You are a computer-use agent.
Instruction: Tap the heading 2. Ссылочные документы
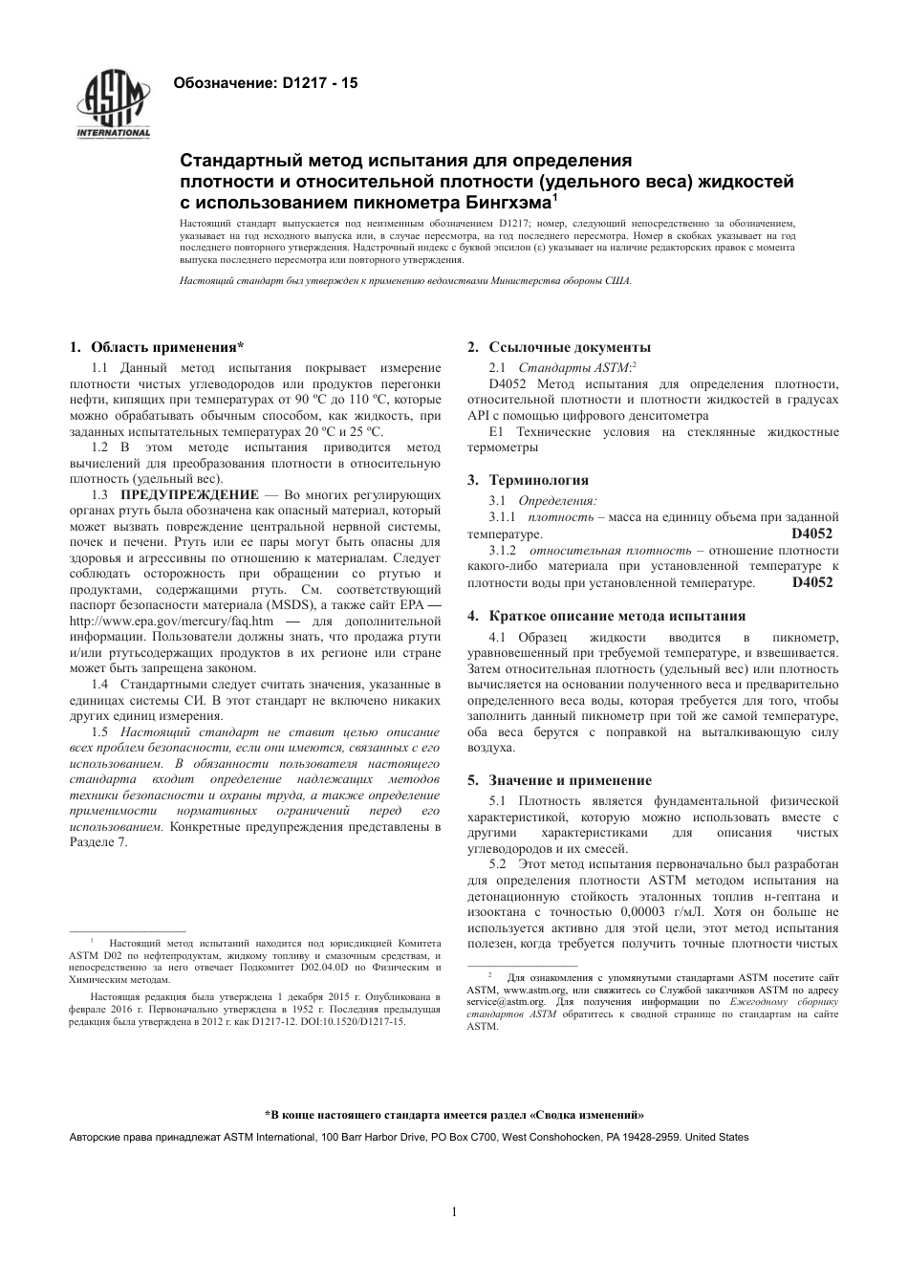pos(558,347)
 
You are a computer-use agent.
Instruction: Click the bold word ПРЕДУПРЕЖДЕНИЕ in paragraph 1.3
pos(188,494)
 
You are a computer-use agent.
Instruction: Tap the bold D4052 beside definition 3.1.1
pos(812,534)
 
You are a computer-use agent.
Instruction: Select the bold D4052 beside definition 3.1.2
pos(812,582)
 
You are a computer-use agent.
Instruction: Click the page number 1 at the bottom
pos(454,1213)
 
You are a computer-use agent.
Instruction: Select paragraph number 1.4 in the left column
pos(99,684)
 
